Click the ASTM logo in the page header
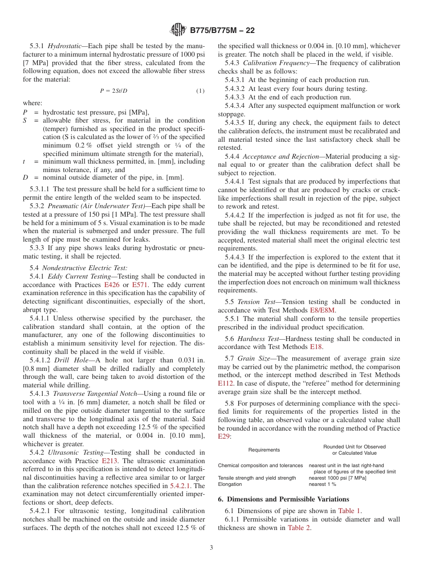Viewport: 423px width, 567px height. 179,30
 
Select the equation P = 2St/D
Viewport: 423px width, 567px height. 114,91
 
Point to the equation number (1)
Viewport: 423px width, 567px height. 200,91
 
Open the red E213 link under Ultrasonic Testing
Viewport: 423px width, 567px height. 110,461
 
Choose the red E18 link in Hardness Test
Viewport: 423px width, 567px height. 316,347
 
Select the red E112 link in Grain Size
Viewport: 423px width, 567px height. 226,383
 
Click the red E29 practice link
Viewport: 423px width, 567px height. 224,437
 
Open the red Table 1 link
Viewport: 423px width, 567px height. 350,511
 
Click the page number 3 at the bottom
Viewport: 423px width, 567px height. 211,548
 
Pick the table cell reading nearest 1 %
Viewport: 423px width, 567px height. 322,484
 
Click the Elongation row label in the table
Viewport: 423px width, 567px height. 230,484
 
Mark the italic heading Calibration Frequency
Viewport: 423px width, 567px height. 272,63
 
